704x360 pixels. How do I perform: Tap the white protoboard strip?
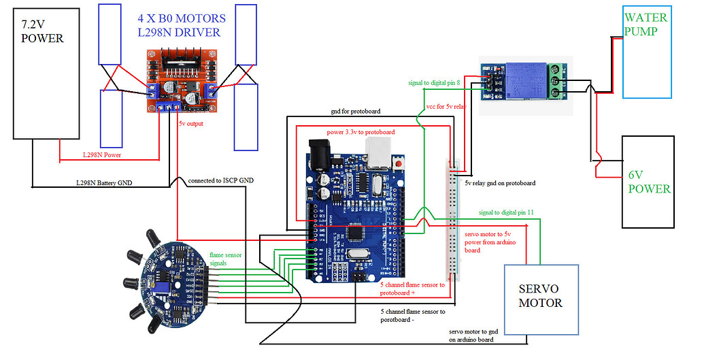454,218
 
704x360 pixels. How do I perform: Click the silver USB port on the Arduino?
381,153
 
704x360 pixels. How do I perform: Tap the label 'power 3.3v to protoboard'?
361,131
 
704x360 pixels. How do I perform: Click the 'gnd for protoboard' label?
352,111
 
